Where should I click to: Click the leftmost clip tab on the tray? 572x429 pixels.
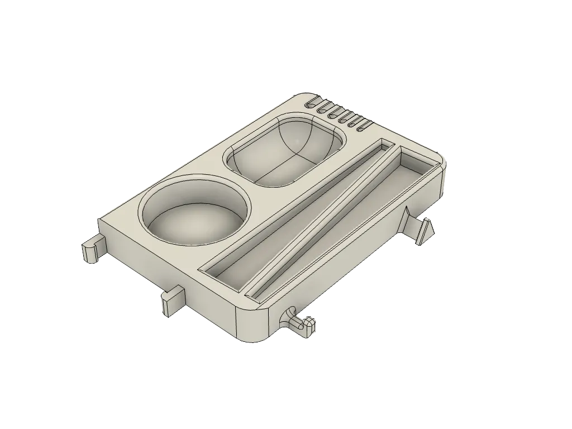[92, 248]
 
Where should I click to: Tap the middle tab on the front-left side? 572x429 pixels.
[172, 299]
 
